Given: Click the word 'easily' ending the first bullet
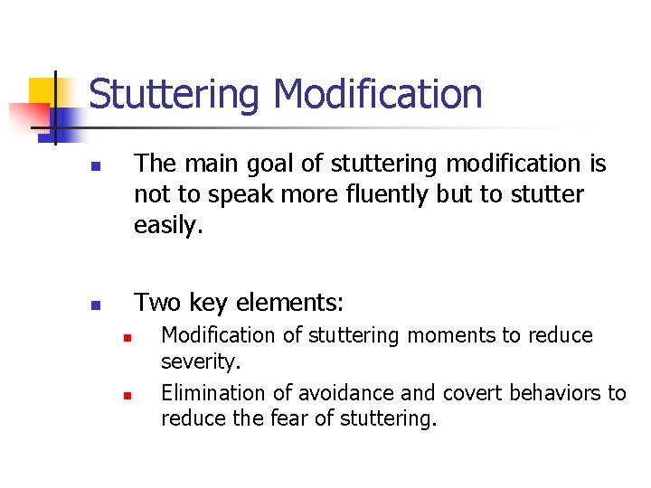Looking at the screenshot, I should [x=166, y=225].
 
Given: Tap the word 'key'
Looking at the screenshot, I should [x=208, y=302].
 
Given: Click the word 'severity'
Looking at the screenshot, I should [x=200, y=362].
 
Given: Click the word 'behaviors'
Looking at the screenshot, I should [x=556, y=393].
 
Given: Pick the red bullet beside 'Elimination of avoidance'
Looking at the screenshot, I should [x=127, y=396].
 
